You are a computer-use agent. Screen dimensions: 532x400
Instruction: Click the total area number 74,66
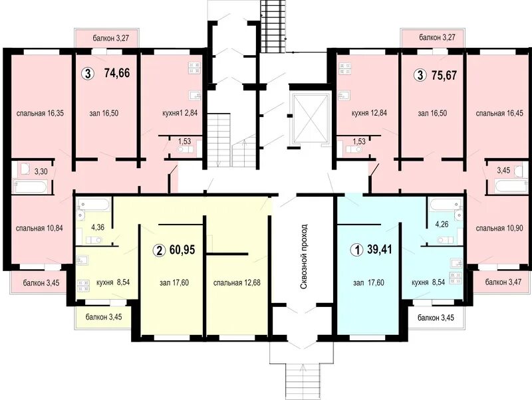click(x=117, y=72)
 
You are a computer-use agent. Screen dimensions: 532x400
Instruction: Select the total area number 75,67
click(x=444, y=74)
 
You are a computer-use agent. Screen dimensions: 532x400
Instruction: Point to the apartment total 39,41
click(x=380, y=249)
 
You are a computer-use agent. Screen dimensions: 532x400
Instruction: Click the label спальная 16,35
click(x=40, y=113)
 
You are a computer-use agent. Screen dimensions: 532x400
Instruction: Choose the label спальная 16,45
click(x=499, y=113)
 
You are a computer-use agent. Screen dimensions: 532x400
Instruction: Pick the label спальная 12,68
click(x=237, y=282)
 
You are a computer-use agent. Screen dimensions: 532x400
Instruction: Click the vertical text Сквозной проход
click(x=304, y=256)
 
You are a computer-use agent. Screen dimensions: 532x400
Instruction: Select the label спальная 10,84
click(x=39, y=228)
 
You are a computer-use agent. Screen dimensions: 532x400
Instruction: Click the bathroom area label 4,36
click(x=98, y=227)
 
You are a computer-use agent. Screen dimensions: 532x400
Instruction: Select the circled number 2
click(x=158, y=251)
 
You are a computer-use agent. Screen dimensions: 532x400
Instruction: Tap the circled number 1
click(x=356, y=250)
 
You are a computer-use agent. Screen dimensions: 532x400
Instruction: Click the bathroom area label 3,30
click(x=41, y=171)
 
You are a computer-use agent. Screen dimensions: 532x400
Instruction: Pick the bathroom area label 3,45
click(x=503, y=171)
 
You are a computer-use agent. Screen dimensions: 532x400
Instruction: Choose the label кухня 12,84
click(x=369, y=113)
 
